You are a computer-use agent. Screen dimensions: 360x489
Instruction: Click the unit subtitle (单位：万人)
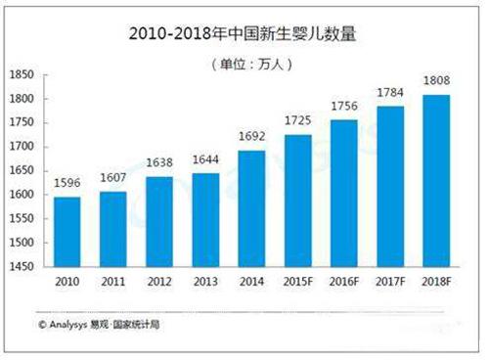click(x=245, y=65)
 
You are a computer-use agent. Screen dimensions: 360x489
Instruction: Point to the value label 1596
click(x=67, y=184)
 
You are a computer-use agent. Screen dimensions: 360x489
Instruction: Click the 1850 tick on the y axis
click(x=21, y=75)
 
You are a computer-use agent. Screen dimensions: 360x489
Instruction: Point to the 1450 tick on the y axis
click(x=21, y=266)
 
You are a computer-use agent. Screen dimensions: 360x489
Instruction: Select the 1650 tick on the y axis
click(x=21, y=171)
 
